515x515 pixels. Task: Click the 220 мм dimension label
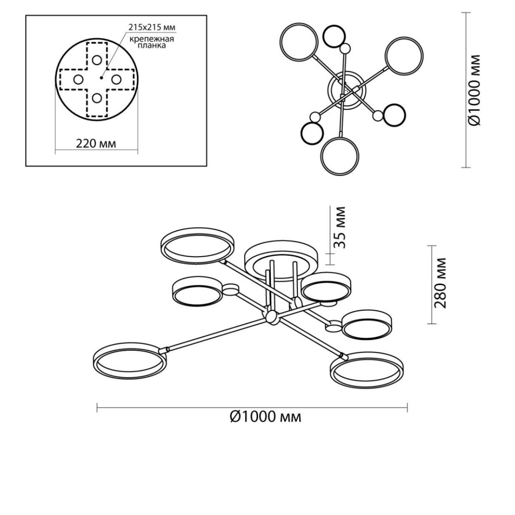point(96,144)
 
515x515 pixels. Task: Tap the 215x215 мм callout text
point(152,27)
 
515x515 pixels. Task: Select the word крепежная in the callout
point(152,39)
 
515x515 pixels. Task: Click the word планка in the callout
point(151,45)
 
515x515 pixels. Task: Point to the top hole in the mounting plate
point(97,60)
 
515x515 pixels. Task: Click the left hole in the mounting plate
point(78,80)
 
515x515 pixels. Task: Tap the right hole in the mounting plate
point(116,79)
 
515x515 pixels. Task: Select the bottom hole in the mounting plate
point(97,98)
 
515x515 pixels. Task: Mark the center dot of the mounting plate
point(101,78)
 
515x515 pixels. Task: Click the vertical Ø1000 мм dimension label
point(475,90)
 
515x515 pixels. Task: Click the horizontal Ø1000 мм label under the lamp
point(265,417)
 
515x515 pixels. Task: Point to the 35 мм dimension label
point(340,227)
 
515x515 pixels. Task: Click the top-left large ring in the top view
point(280,42)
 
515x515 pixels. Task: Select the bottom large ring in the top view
point(321,156)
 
